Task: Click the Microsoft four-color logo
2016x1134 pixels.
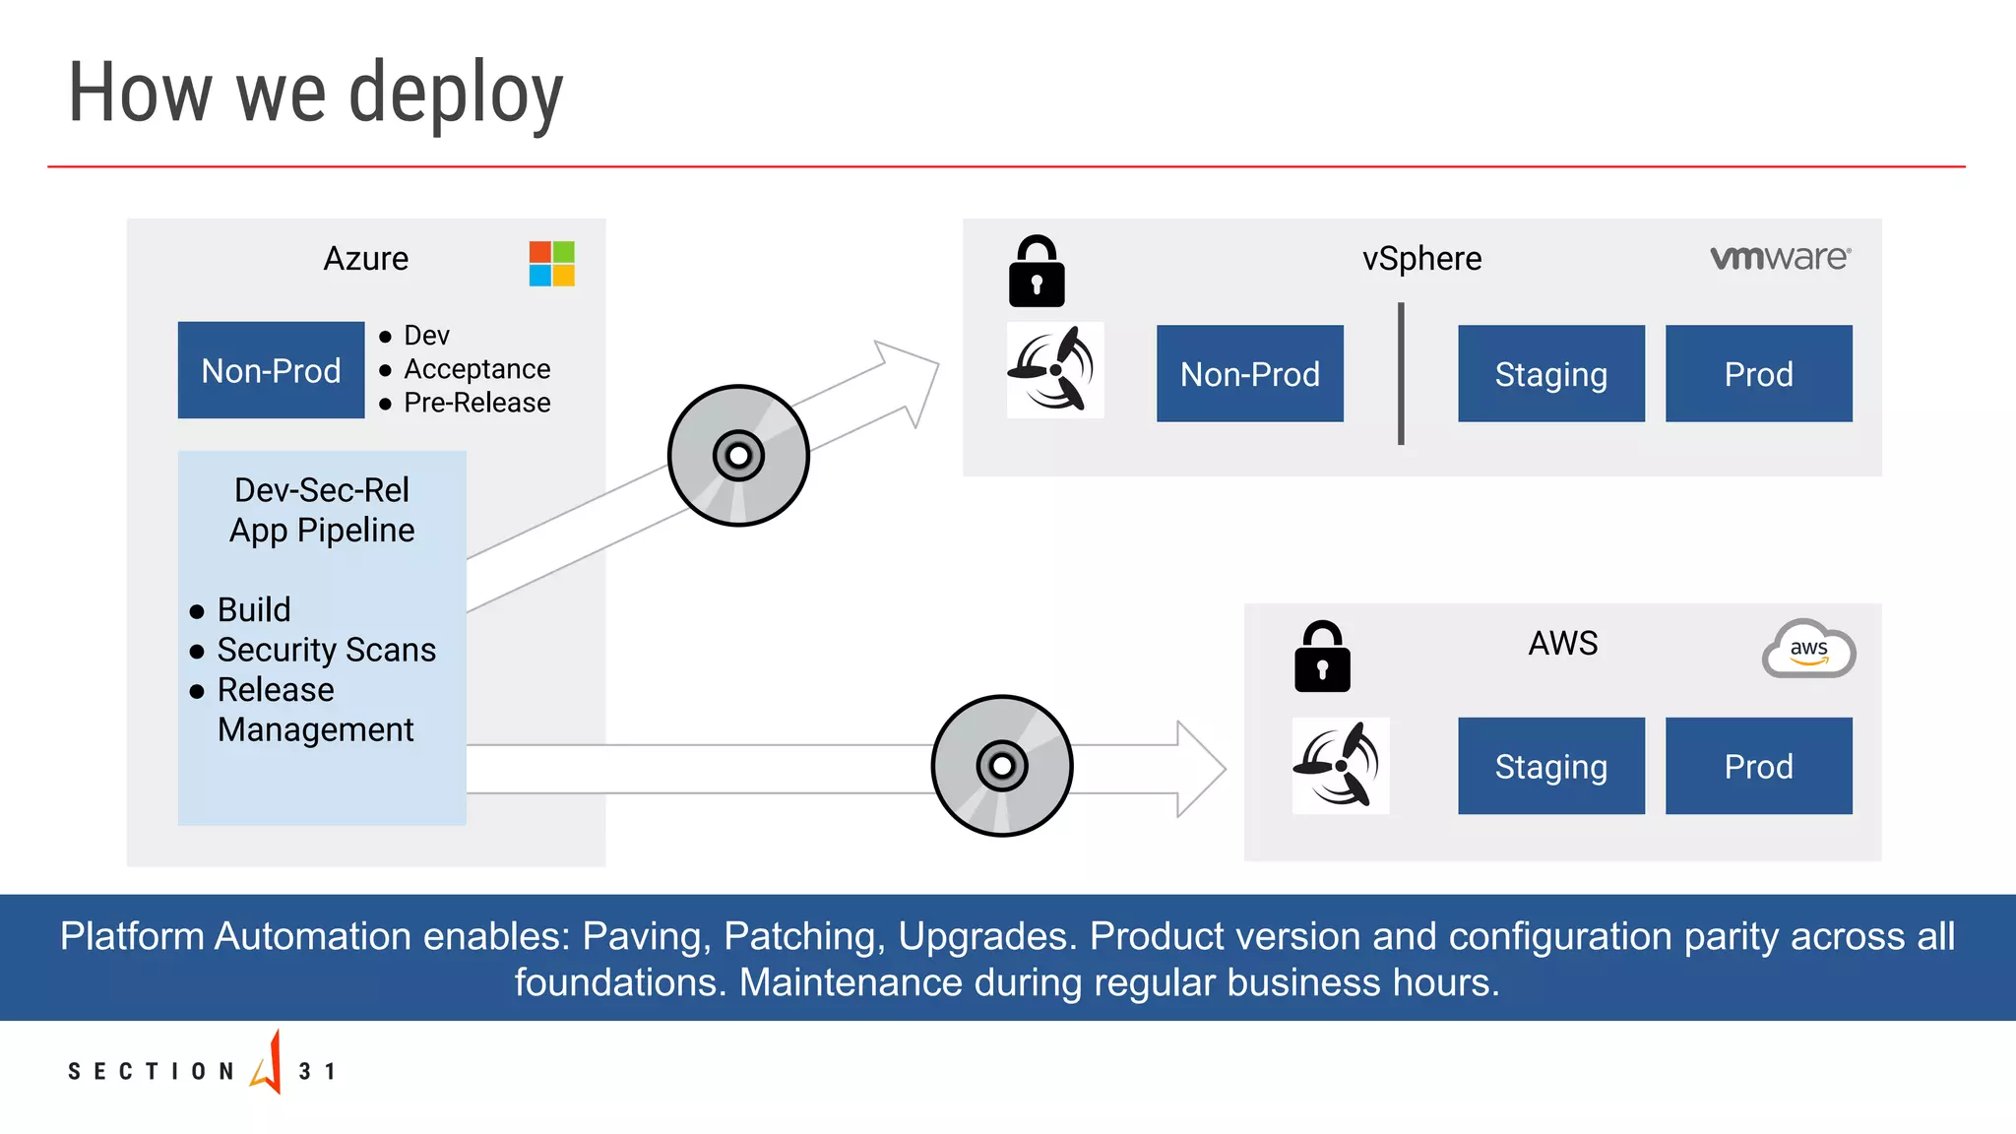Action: [551, 264]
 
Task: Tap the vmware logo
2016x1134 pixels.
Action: [1780, 258]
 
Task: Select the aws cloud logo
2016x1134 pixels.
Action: [1808, 650]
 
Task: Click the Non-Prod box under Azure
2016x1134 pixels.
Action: [271, 370]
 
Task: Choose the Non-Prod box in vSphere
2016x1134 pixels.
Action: [1249, 374]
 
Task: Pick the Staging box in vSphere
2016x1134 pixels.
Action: [1550, 374]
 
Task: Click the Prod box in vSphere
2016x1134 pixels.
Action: [1758, 374]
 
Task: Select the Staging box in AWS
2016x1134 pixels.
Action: [1550, 766]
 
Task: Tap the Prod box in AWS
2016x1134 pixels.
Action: [1758, 766]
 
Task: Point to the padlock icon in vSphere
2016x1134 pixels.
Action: [1037, 273]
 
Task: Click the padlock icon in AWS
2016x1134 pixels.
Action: [1322, 658]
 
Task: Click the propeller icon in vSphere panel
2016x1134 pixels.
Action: [1054, 370]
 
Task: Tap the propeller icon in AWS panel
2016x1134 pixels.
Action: [1340, 766]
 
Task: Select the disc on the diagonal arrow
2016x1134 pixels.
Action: [738, 456]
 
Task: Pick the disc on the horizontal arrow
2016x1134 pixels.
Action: [1002, 766]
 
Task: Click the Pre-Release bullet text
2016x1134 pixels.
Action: [476, 403]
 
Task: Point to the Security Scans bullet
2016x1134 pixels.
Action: [326, 650]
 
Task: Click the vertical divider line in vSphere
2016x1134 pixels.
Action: [1401, 374]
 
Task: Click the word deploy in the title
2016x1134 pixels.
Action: [456, 94]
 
